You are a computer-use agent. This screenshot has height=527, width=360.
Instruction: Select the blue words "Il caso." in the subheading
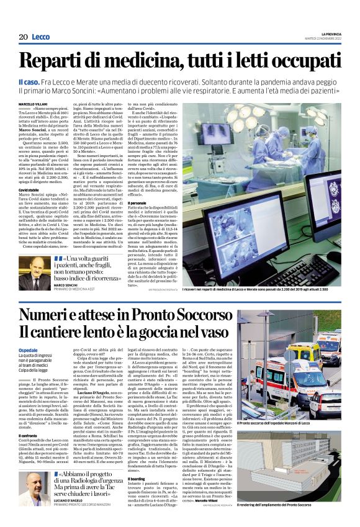(28, 83)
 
